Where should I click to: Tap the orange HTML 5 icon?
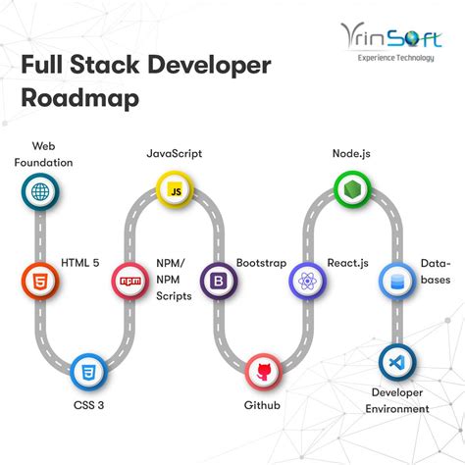click(x=39, y=281)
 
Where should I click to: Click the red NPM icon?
click(x=129, y=281)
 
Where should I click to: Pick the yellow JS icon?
click(x=175, y=189)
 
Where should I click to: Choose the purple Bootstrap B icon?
click(x=218, y=282)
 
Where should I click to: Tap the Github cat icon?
click(x=263, y=371)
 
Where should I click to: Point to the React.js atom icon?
click(x=307, y=282)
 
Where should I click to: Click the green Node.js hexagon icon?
click(x=349, y=188)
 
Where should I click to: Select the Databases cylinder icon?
click(x=396, y=282)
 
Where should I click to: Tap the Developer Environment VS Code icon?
click(x=396, y=361)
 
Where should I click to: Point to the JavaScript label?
click(x=175, y=154)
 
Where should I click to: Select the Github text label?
click(x=262, y=404)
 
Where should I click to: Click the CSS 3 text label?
click(x=89, y=404)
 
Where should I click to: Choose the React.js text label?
click(x=348, y=264)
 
